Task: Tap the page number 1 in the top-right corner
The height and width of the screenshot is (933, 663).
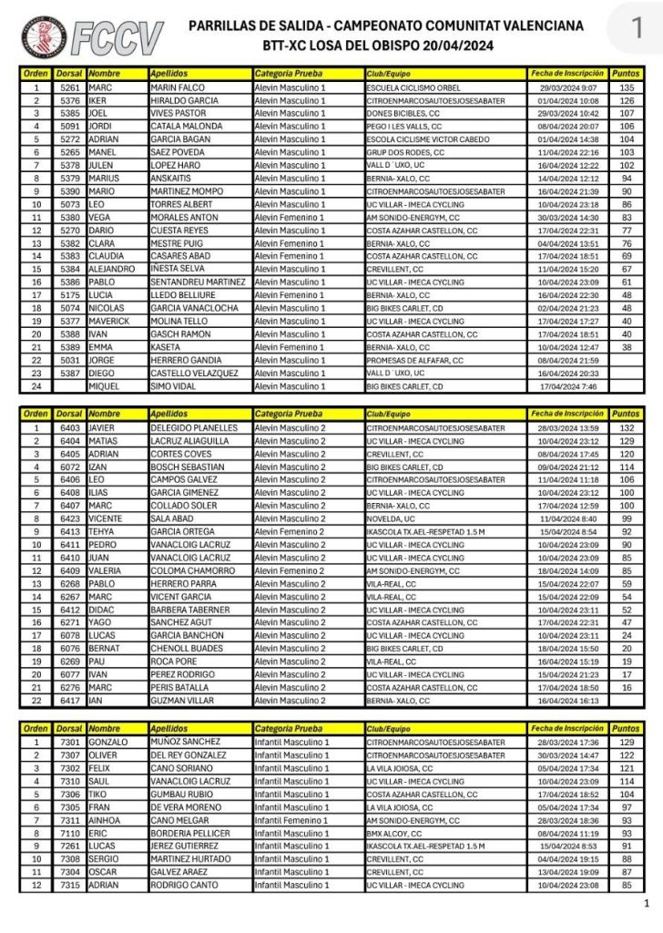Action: click(637, 22)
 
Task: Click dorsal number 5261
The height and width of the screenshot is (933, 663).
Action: click(70, 88)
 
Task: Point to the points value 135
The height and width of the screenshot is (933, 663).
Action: click(626, 88)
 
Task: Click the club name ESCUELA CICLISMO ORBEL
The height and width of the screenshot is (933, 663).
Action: click(410, 88)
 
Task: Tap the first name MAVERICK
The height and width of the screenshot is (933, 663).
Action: click(111, 321)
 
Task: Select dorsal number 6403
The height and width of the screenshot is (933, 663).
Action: click(70, 427)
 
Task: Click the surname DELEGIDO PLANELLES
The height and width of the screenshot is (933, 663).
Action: click(193, 427)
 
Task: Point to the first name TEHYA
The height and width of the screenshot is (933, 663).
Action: click(103, 531)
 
